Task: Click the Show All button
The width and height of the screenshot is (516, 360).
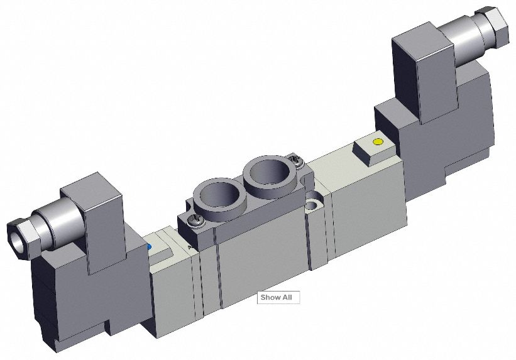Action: tap(278, 297)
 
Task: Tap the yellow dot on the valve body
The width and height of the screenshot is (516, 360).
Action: tap(378, 142)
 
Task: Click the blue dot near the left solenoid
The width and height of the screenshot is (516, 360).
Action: tap(148, 247)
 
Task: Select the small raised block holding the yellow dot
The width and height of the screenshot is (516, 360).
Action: tap(370, 150)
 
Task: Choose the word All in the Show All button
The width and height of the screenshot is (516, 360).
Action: tap(287, 297)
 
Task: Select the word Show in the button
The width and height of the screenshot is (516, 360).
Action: tap(271, 297)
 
